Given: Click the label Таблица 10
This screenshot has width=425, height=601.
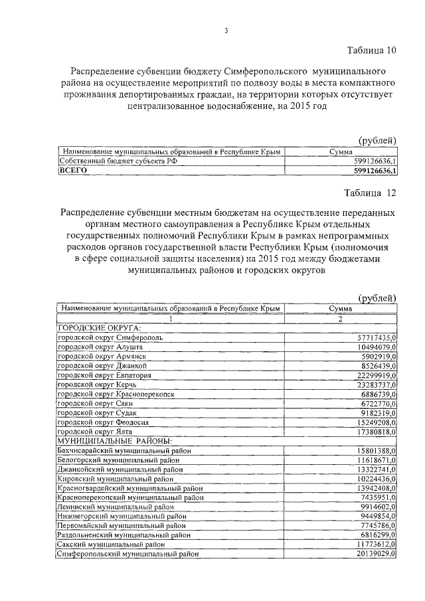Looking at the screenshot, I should click(372, 51).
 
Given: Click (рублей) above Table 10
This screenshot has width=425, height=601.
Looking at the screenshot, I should click(377, 140).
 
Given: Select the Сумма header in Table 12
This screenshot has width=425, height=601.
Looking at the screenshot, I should click(341, 309).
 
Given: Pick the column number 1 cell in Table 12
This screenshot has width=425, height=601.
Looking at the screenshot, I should click(171, 318).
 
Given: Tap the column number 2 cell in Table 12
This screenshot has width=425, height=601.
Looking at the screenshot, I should click(341, 318).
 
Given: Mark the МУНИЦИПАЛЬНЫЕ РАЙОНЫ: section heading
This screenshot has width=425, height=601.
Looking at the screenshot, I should click(116, 440).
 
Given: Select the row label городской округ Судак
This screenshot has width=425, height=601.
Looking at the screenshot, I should click(100, 412).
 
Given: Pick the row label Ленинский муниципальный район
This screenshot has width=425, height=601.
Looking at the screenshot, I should click(118, 506).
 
